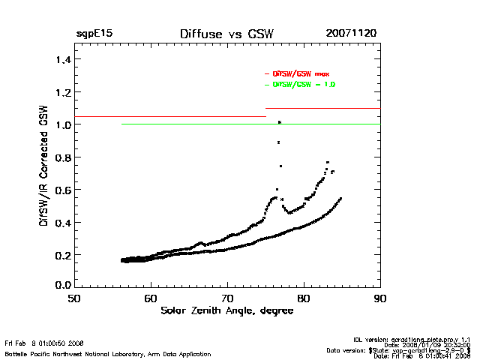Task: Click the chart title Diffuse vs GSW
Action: pyautogui.click(x=225, y=34)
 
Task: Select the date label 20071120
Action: pyautogui.click(x=351, y=34)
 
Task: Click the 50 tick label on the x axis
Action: pyautogui.click(x=74, y=298)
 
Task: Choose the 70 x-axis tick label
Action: pyautogui.click(x=227, y=298)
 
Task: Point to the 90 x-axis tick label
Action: pyautogui.click(x=380, y=298)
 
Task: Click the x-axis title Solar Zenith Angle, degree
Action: pyautogui.click(x=226, y=310)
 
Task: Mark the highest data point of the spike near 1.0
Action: pyautogui.click(x=279, y=121)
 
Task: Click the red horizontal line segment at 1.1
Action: pyautogui.click(x=322, y=109)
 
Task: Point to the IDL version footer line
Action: pyautogui.click(x=417, y=340)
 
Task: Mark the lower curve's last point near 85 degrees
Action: pyautogui.click(x=341, y=198)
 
